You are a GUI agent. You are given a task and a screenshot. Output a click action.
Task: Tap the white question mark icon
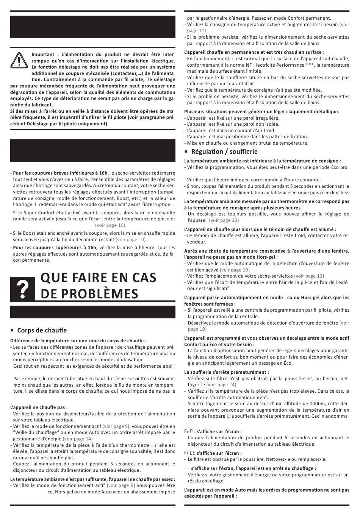[x=23, y=290]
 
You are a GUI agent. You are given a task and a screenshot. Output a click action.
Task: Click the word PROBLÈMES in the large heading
[x=89, y=294]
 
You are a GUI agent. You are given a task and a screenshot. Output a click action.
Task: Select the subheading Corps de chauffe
[x=42, y=330]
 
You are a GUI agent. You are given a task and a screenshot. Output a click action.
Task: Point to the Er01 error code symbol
[x=190, y=431]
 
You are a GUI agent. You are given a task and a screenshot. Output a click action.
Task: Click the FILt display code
[x=190, y=453]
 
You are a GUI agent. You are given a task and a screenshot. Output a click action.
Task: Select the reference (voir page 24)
[x=221, y=385]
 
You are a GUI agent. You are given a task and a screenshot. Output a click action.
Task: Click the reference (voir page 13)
[x=309, y=276]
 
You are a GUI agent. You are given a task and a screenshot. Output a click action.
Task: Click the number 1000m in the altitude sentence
[x=302, y=404]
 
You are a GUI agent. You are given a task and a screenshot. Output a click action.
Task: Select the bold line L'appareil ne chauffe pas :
[x=39, y=407]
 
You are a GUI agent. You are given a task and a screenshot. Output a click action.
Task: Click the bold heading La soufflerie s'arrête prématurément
[x=227, y=372]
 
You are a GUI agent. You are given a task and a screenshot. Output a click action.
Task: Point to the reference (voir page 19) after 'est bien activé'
[x=235, y=270]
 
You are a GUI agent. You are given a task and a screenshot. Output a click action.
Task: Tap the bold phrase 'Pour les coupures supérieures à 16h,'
[x=55, y=247]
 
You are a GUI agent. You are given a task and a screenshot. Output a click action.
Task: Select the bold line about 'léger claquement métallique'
[x=261, y=111]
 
